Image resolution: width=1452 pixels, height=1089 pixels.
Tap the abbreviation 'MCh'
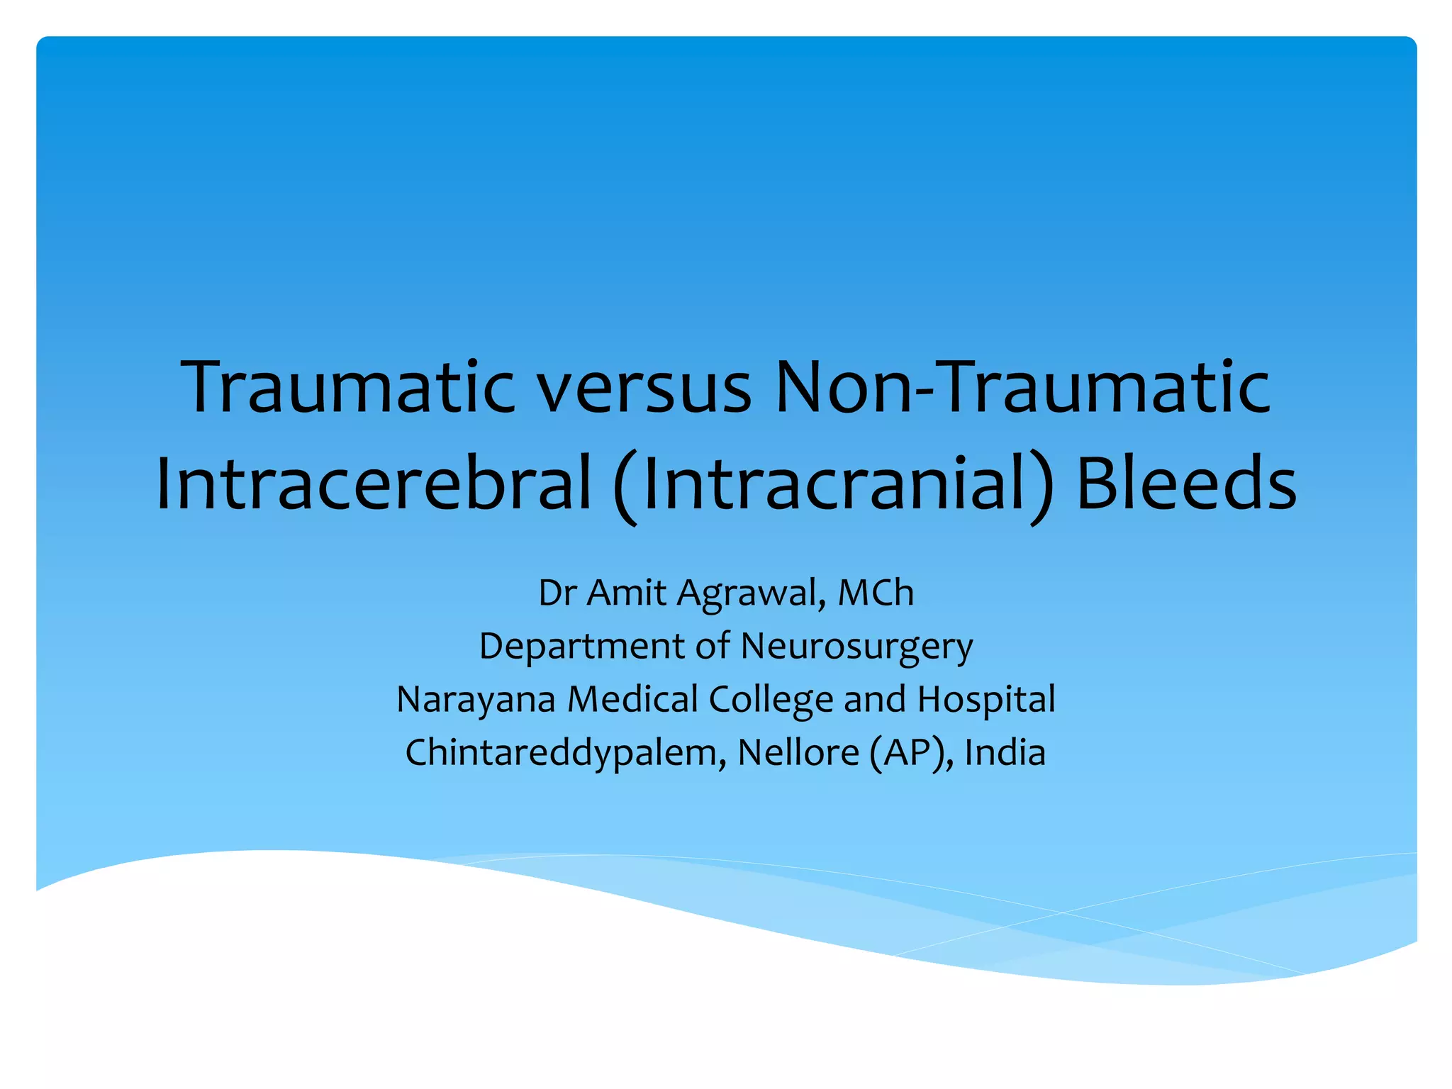click(876, 593)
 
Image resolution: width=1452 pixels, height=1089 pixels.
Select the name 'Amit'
click(627, 593)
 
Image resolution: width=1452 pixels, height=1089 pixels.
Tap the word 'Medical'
click(632, 700)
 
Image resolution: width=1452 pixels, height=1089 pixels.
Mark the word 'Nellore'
click(798, 753)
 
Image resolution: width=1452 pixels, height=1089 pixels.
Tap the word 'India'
click(1005, 753)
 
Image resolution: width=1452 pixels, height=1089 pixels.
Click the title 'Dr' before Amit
click(557, 593)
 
